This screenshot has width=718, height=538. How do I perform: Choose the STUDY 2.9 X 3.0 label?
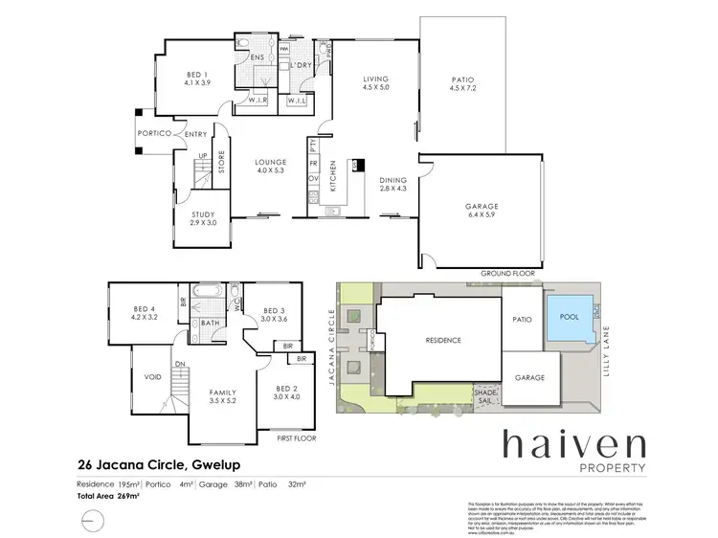[x=202, y=219]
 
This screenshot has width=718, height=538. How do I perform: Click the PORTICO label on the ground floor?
[x=153, y=135]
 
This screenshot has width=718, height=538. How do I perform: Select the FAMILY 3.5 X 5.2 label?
[x=224, y=396]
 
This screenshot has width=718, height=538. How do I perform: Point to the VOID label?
[x=152, y=377]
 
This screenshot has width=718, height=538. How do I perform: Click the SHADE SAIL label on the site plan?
[x=483, y=394]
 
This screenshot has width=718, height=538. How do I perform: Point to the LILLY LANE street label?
[x=605, y=349]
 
